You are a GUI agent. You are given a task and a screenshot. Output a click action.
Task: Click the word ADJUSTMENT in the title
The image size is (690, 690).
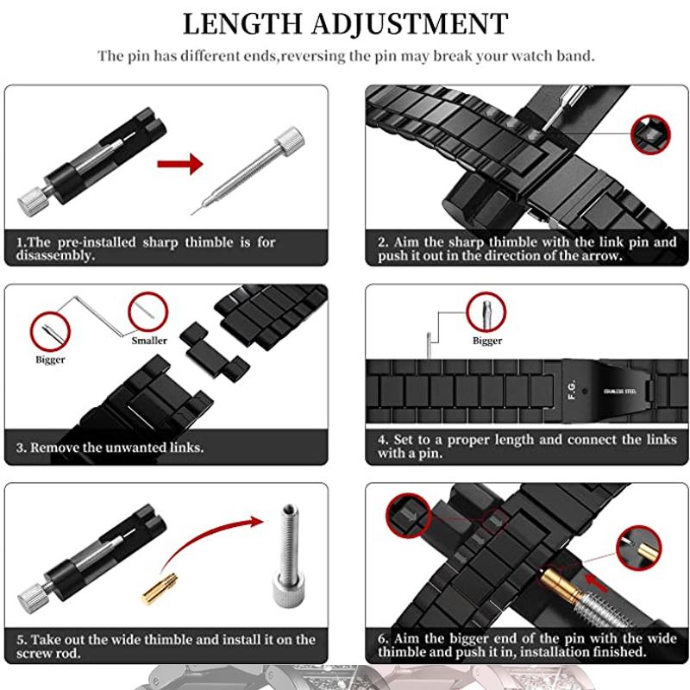(414, 22)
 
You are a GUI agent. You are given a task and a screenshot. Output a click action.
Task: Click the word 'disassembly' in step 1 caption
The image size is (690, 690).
(53, 255)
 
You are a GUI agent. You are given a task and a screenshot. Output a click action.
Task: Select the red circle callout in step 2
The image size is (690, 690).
(650, 135)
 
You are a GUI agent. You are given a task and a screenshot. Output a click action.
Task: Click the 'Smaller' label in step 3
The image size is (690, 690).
(149, 340)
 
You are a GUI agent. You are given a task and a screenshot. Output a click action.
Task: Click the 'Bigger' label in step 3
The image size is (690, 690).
(50, 360)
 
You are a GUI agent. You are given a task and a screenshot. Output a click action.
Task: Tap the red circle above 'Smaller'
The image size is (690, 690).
(146, 310)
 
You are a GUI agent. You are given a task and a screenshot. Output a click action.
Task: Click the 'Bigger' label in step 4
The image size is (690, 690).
(487, 341)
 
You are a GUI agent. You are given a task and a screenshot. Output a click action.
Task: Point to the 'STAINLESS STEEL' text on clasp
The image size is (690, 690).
(621, 390)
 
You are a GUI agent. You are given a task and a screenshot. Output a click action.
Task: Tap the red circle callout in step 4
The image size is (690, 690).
(487, 311)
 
